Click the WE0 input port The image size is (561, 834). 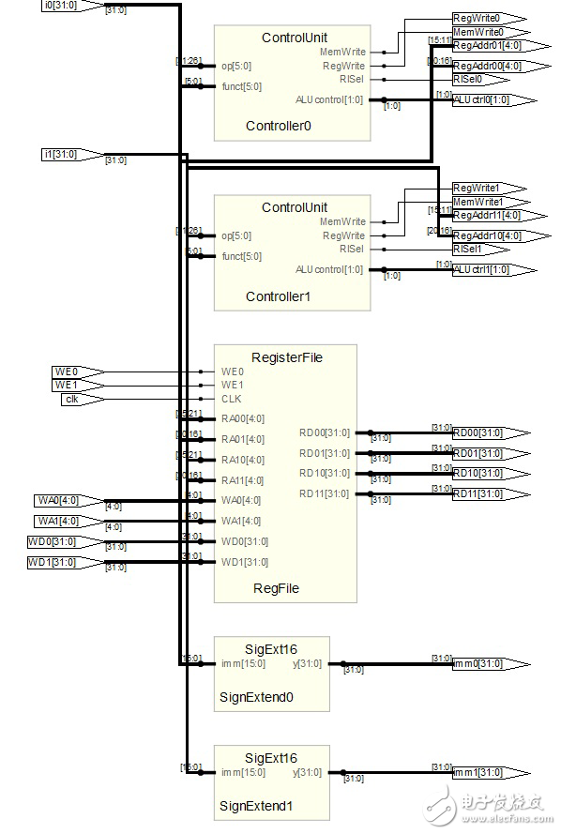[x=75, y=372]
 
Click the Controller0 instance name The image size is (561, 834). [x=278, y=126]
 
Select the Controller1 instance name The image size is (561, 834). [x=278, y=296]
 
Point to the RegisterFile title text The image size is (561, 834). [x=285, y=356]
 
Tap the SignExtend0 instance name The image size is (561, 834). [x=256, y=697]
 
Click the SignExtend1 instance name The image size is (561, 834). [x=256, y=806]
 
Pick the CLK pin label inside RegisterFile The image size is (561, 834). [x=231, y=399]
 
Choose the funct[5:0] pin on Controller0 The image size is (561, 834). [x=241, y=85]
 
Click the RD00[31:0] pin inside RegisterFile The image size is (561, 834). [x=324, y=432]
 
